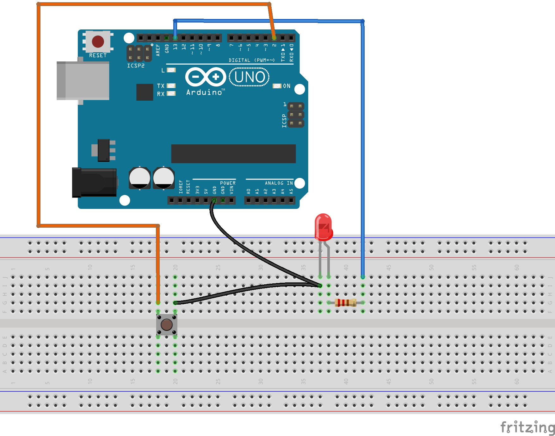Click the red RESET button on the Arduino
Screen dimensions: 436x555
98,41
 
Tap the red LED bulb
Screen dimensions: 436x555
323,227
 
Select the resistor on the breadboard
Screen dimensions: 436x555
345,303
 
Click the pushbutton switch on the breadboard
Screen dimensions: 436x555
167,325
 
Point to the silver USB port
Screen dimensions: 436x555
83,81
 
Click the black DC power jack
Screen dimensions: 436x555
94,182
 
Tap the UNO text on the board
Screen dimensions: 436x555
250,77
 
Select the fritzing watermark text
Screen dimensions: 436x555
527,427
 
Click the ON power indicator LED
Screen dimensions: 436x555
277,86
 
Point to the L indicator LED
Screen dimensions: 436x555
171,70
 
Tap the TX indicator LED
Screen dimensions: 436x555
171,86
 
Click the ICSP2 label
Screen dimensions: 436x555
136,66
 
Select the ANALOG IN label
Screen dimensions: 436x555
279,183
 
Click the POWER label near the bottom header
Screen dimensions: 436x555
228,183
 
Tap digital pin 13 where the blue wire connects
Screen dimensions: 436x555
175,38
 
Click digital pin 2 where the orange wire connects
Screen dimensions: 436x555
274,38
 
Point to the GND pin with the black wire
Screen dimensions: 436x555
214,200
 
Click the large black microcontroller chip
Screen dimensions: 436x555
233,154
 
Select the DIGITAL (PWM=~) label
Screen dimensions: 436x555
252,60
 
